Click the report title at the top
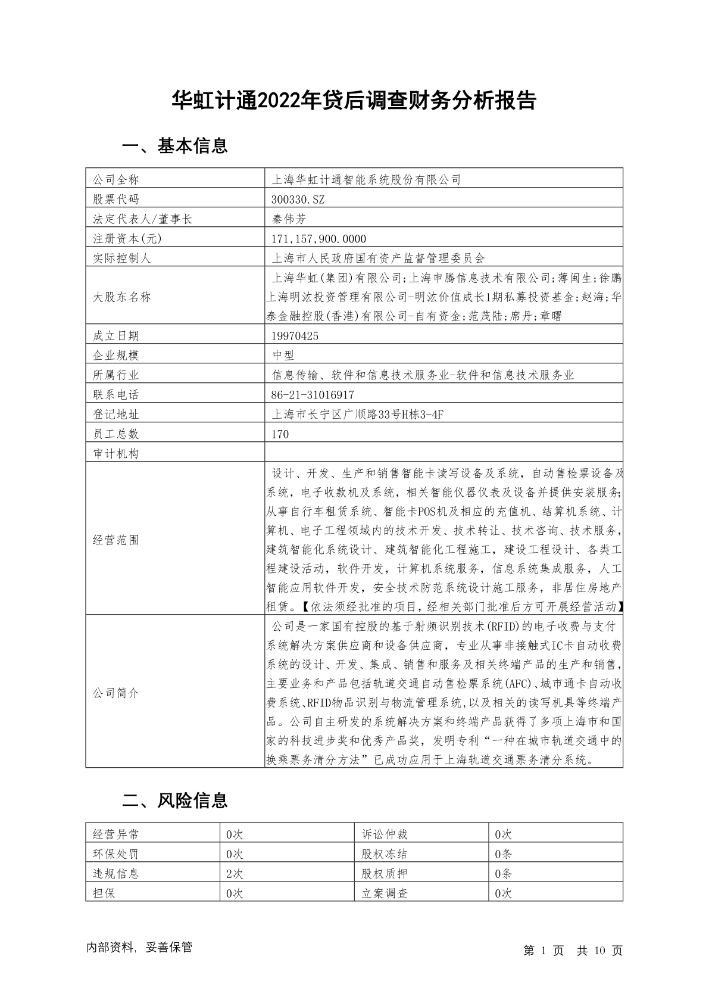tap(354, 101)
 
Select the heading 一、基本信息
tap(174, 146)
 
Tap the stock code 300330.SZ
tap(298, 199)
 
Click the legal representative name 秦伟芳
tap(289, 219)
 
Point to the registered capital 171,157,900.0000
tap(318, 238)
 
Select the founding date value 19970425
tap(295, 336)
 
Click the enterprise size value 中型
tap(283, 356)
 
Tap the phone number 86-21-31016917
tap(313, 395)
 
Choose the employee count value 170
tap(280, 434)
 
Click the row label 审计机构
tap(115, 454)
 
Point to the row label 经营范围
tap(115, 540)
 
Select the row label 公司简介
tap(115, 693)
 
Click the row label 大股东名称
tap(121, 297)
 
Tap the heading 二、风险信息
tap(174, 800)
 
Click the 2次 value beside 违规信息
tap(235, 874)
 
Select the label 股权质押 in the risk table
tap(384, 874)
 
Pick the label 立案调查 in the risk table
tap(384, 893)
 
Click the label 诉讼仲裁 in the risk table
tap(384, 834)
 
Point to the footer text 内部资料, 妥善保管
tap(139, 948)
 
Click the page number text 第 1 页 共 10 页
tap(573, 951)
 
